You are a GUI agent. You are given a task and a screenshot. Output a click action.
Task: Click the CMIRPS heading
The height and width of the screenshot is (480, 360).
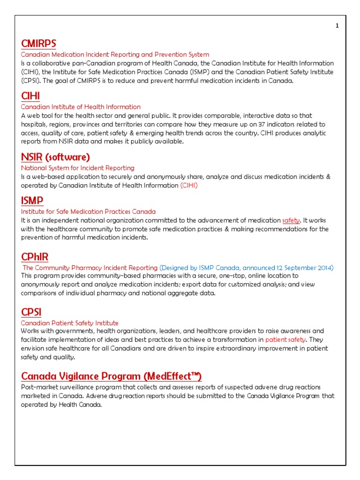(x=38, y=44)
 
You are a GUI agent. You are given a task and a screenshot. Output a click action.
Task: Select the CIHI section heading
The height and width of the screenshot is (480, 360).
(x=30, y=96)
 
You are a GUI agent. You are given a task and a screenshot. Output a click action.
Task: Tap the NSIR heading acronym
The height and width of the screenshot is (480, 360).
(x=31, y=157)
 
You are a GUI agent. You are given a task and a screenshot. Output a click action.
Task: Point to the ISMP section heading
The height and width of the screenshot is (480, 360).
(x=32, y=201)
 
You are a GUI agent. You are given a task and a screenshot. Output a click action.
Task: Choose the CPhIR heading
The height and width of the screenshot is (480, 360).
(x=35, y=257)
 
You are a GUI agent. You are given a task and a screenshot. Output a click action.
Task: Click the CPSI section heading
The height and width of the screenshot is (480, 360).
(x=31, y=312)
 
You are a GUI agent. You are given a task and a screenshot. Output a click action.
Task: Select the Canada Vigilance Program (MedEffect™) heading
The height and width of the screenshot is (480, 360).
(x=112, y=376)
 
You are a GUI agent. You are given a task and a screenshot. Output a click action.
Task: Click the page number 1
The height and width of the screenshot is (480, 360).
(x=337, y=26)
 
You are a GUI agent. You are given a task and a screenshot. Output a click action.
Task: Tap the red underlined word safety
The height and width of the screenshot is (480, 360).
(x=291, y=220)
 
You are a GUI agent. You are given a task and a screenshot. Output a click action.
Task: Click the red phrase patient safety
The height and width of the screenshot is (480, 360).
(x=285, y=340)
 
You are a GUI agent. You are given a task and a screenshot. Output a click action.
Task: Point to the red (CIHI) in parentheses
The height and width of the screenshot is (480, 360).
(x=189, y=185)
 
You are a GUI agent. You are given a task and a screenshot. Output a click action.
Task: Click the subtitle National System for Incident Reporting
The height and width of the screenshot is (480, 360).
(x=78, y=168)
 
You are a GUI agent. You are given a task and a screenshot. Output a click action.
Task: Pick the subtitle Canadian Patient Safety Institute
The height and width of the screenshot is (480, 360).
(x=70, y=323)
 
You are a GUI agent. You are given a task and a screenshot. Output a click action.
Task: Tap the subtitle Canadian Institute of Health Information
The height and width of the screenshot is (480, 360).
(x=81, y=107)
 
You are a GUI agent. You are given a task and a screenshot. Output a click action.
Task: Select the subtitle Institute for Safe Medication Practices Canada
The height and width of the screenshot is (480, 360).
(x=89, y=211)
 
